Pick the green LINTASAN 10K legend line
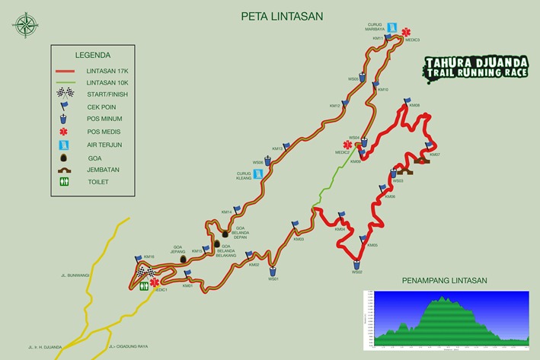coord(69,83)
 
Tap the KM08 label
coord(414,105)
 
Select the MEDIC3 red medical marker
coord(405,30)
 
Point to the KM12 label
coord(334,106)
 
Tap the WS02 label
coord(357,272)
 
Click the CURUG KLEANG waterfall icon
coord(259,174)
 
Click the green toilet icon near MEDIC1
coord(145,288)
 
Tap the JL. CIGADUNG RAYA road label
coord(129,346)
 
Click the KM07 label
coord(435,155)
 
